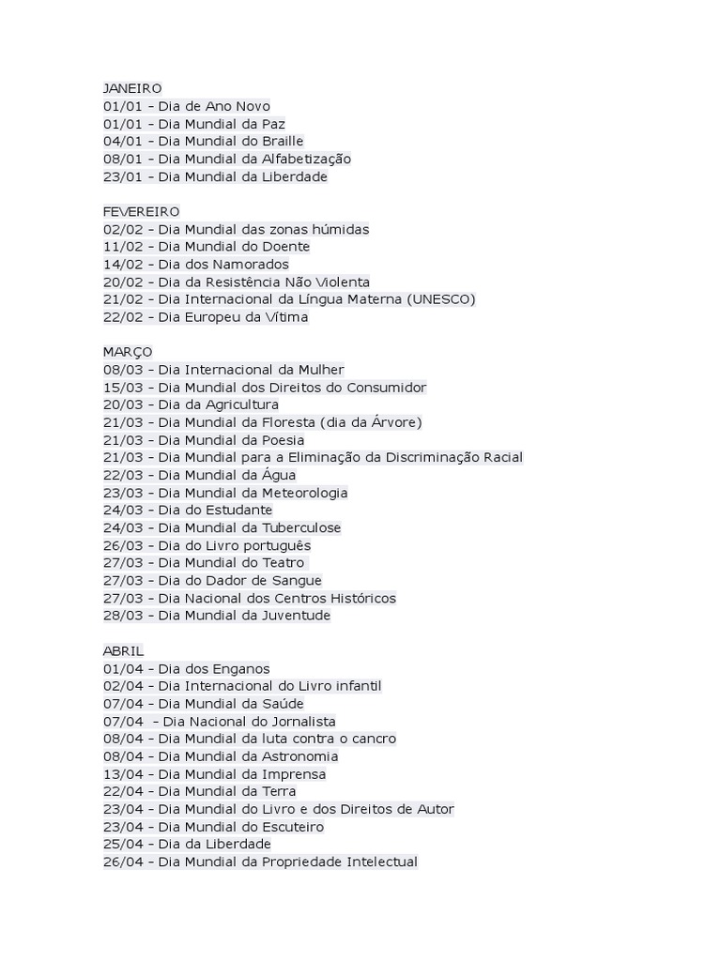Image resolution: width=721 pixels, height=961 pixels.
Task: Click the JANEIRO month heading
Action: click(131, 88)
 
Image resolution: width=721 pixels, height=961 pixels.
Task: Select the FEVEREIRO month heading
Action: click(141, 211)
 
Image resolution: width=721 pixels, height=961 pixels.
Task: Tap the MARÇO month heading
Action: click(127, 352)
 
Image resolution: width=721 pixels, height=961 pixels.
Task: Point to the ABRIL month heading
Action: click(123, 650)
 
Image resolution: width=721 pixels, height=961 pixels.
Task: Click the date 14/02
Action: click(121, 265)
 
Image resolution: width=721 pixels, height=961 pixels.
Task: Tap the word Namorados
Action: click(249, 265)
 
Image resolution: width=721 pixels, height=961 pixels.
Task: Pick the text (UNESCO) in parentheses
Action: click(440, 299)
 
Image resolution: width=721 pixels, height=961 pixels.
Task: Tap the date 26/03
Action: click(121, 545)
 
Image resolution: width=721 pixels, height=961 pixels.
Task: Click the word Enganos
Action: click(241, 668)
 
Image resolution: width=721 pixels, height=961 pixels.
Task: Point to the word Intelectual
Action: click(381, 862)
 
